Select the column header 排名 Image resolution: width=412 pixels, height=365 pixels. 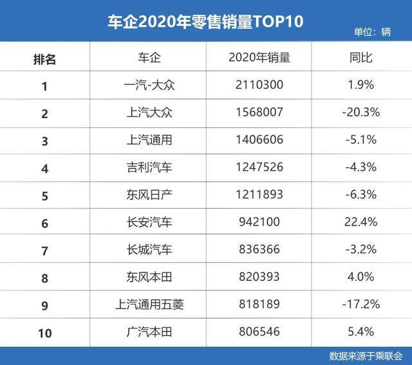coord(44,58)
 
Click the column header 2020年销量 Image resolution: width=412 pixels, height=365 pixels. coord(259,58)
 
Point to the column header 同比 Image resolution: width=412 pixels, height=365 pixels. coord(361,58)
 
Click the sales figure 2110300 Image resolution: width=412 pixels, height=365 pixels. coord(259,85)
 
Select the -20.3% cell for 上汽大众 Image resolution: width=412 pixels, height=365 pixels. coord(361,112)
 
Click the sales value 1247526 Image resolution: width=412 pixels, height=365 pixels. coord(259,167)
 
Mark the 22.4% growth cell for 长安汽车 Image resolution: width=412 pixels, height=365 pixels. coord(361,222)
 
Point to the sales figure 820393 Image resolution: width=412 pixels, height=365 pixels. coord(259,277)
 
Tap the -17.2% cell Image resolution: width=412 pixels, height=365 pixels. coord(361,305)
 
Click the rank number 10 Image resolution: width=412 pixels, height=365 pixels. coord(44,332)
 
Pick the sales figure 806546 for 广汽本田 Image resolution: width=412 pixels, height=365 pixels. coord(259,332)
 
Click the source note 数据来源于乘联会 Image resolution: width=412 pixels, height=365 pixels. coord(365,355)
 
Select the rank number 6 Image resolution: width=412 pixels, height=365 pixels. coord(44,222)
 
